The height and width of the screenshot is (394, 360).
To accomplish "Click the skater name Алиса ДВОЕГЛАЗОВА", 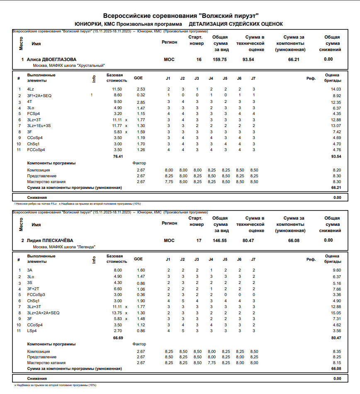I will click(x=51, y=59).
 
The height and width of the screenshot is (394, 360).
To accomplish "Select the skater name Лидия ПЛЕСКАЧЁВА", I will click(x=50, y=240).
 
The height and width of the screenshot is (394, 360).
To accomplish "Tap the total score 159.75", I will click(x=219, y=59).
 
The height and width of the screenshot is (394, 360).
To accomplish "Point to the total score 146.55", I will click(x=219, y=240).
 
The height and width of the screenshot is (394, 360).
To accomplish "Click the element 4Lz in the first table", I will click(x=31, y=89).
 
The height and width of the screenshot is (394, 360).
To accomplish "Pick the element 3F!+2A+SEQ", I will click(x=39, y=95).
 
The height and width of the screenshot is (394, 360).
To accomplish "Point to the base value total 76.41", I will click(x=118, y=157).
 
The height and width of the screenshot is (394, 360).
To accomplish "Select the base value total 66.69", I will click(x=118, y=338).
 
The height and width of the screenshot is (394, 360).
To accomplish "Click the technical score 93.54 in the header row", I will click(x=248, y=59).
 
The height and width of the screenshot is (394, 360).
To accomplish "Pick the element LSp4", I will click(x=32, y=330).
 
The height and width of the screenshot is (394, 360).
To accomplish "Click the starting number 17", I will click(x=199, y=240).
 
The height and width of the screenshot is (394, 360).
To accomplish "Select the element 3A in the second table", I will click(x=29, y=270).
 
